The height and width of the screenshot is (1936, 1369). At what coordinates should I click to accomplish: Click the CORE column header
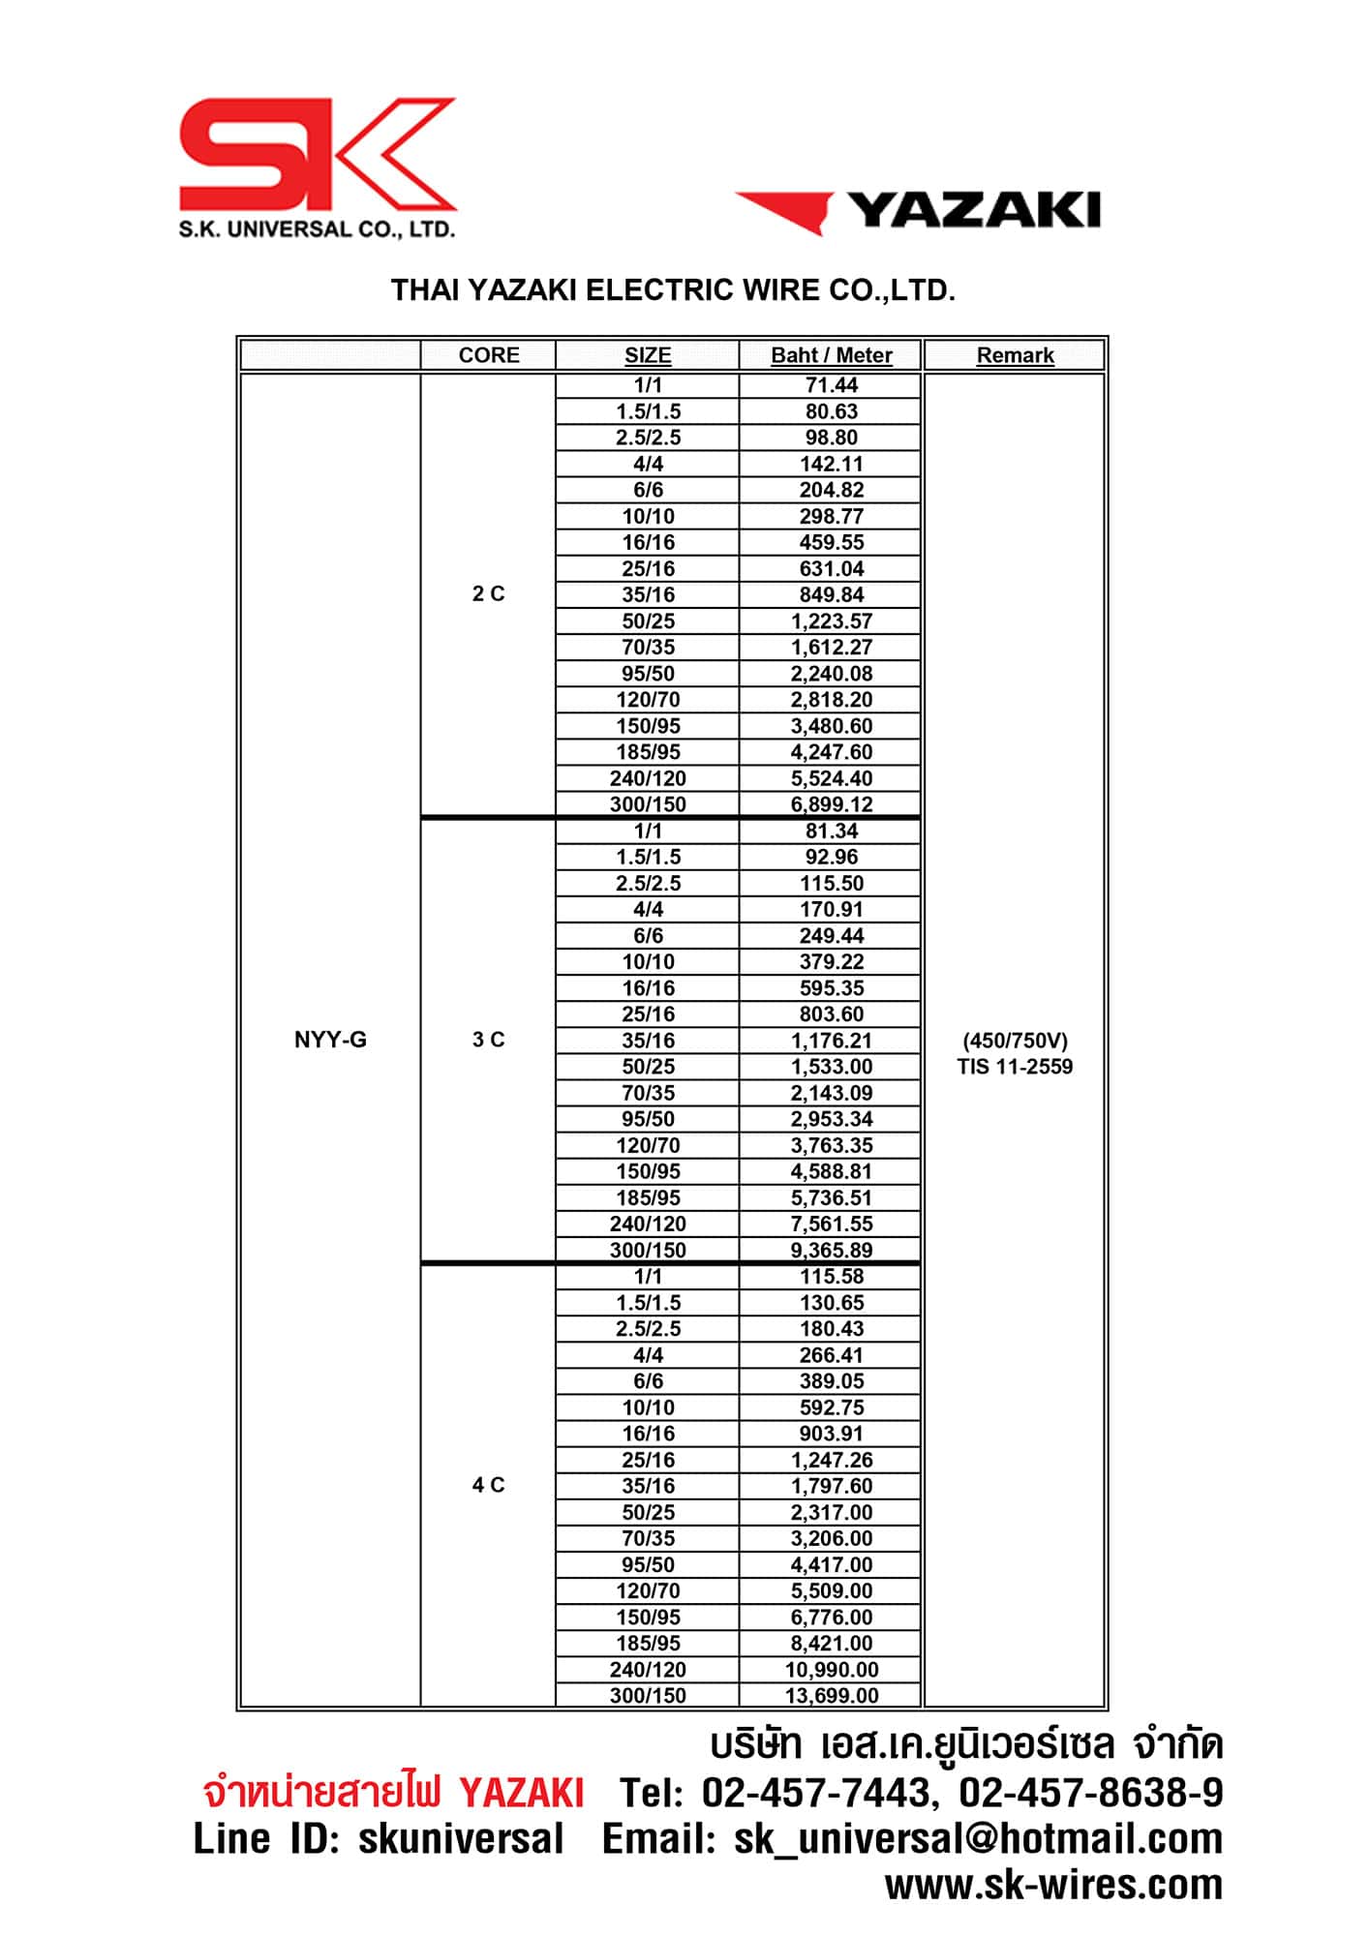coord(489,355)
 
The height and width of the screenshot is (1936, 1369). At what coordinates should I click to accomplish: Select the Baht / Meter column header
coord(831,355)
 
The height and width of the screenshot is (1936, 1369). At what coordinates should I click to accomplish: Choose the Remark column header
coord(1015,355)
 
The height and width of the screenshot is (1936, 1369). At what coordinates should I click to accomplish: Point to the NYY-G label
coord(330,1040)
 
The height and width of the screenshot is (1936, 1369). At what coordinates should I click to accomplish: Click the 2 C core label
coord(489,593)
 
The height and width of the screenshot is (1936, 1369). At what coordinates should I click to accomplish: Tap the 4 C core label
coord(489,1485)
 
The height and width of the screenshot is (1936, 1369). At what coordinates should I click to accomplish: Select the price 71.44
coord(831,385)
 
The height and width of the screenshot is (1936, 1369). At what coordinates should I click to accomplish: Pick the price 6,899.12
coord(831,804)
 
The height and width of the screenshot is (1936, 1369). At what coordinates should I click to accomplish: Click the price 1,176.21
coord(831,1041)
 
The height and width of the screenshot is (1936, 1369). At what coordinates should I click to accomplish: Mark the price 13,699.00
coord(831,1696)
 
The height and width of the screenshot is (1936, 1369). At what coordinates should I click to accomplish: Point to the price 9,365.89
coord(831,1250)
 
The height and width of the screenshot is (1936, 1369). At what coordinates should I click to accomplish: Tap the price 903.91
coord(831,1434)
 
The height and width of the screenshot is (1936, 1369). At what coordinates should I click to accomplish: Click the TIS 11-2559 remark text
coord(1015,1067)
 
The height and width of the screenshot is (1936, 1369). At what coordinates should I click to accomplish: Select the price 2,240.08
coord(831,674)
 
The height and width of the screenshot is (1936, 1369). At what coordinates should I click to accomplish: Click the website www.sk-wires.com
coord(1053,1885)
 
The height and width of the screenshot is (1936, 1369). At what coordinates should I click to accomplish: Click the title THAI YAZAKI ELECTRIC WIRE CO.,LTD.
coord(673,290)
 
